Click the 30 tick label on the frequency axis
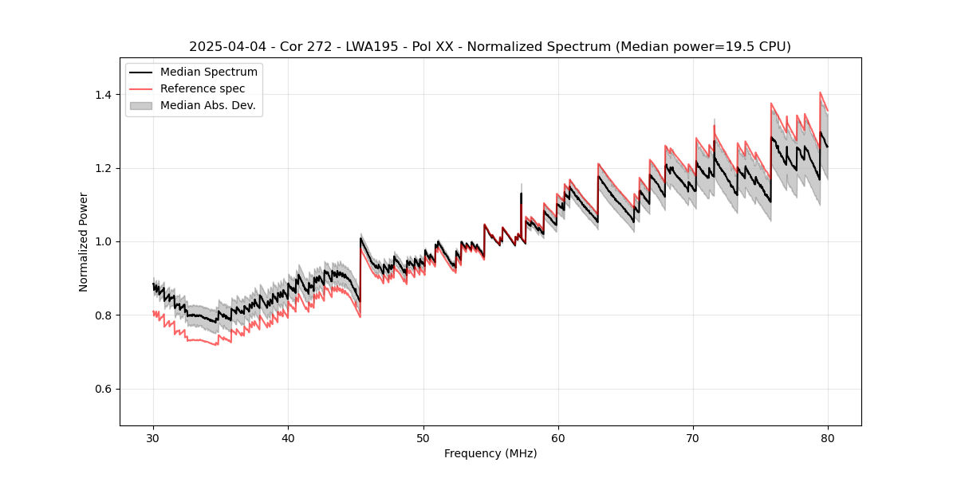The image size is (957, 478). click(153, 437)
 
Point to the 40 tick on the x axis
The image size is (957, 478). click(288, 437)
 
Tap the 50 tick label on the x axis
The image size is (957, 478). click(423, 437)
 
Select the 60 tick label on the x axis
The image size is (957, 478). click(557, 437)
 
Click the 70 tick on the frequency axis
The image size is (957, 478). click(693, 437)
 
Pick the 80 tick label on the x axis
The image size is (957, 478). click(828, 437)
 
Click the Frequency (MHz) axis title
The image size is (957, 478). click(490, 453)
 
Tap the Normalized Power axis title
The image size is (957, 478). click(84, 241)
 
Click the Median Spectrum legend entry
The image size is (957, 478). click(208, 72)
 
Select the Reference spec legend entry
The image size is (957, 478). click(203, 88)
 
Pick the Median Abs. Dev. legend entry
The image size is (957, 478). click(207, 105)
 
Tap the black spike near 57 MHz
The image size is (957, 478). click(521, 194)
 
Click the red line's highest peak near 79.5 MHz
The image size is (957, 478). click(821, 92)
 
